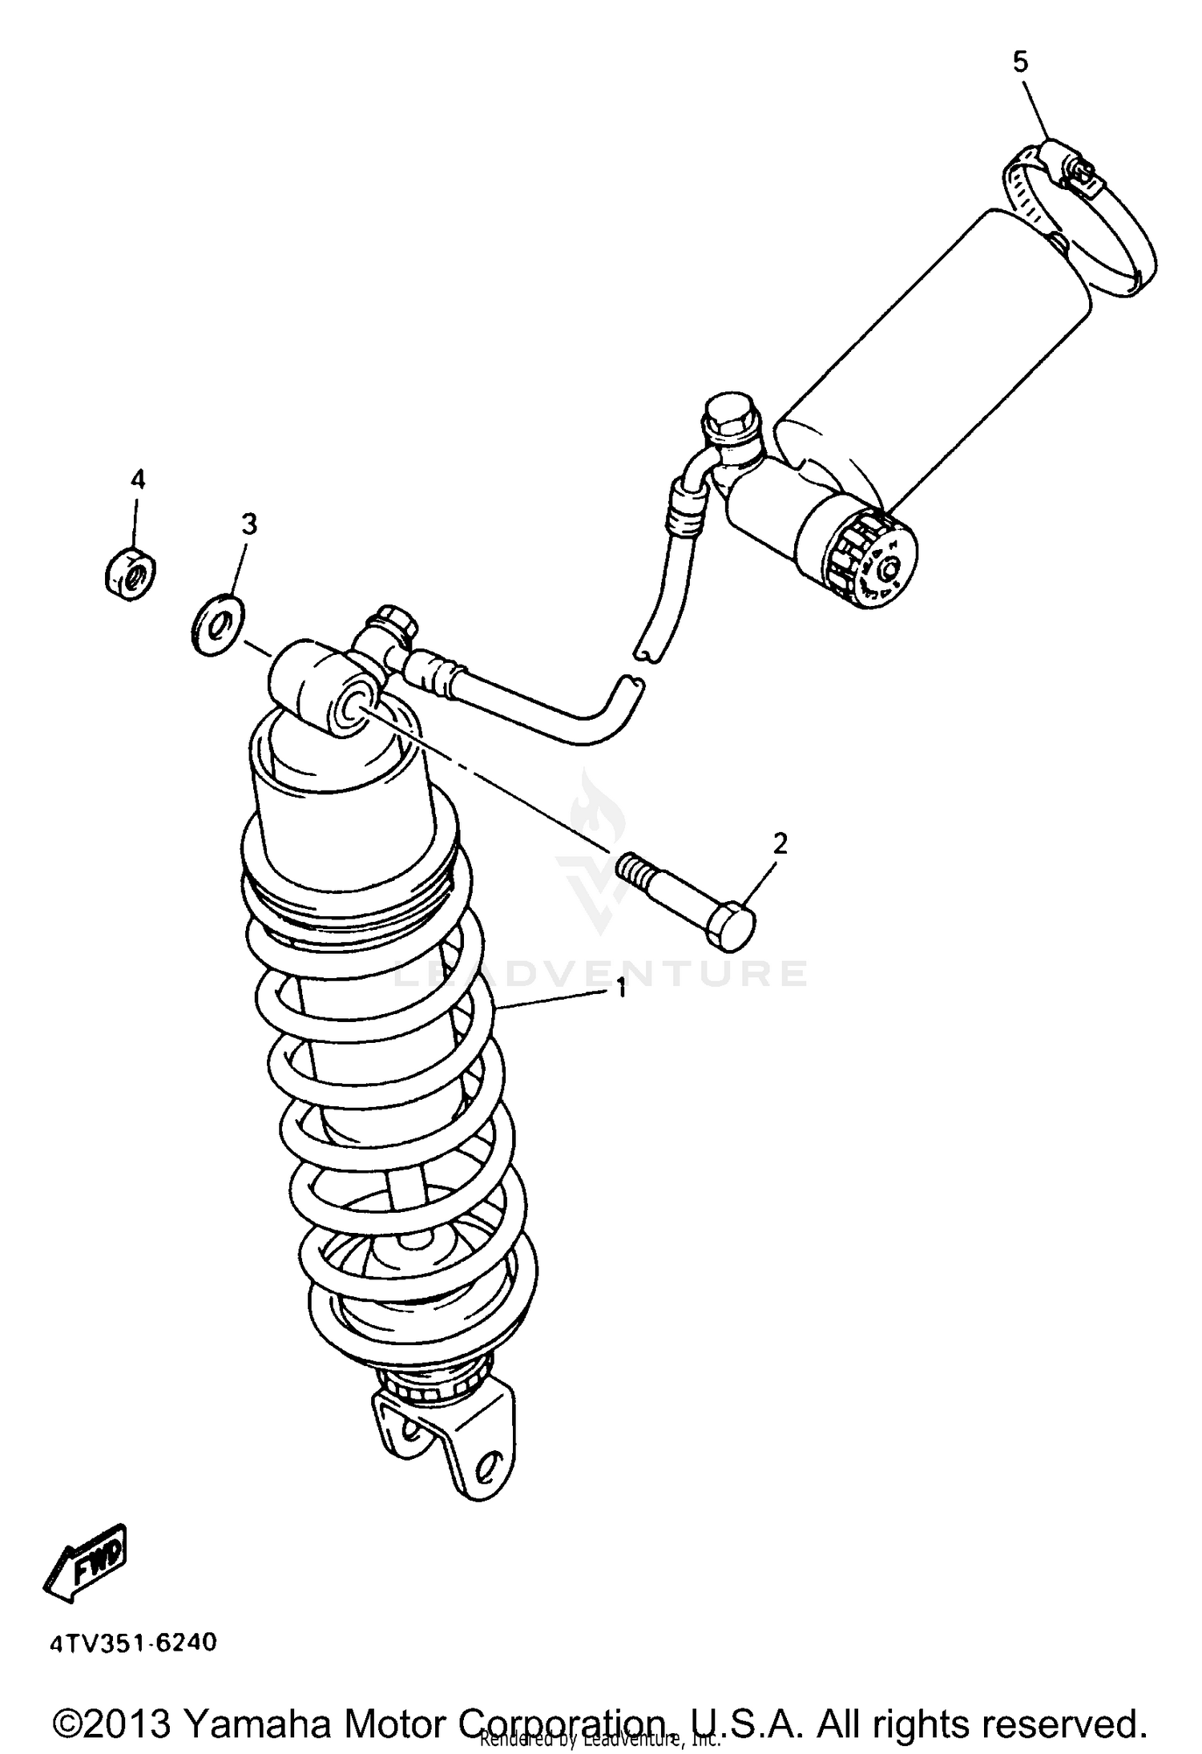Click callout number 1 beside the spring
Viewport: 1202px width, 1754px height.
pyautogui.click(x=620, y=991)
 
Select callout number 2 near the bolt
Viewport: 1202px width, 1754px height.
pyautogui.click(x=780, y=843)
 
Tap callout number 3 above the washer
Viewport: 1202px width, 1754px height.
pyautogui.click(x=249, y=524)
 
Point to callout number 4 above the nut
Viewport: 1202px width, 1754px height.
pyautogui.click(x=138, y=479)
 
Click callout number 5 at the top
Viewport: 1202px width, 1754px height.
pyautogui.click(x=1019, y=62)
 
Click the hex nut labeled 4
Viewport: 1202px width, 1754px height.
pyautogui.click(x=131, y=572)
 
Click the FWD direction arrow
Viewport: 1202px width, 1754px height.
pyautogui.click(x=85, y=1562)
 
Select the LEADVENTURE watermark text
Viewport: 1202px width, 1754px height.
pyautogui.click(x=599, y=972)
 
